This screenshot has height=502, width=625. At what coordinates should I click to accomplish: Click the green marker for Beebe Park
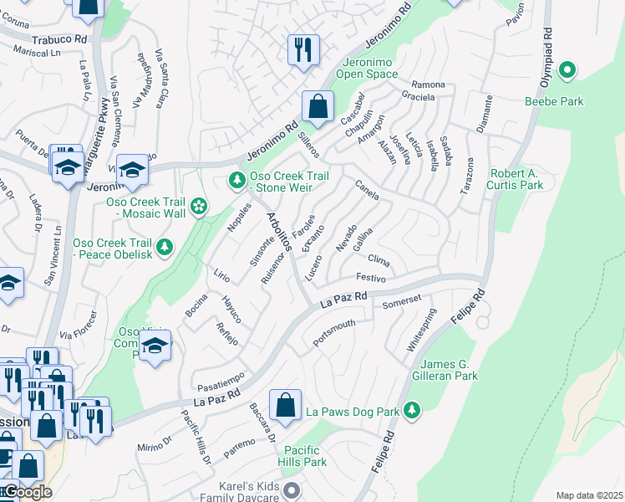(567, 71)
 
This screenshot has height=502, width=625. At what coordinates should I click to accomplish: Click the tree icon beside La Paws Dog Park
(410, 410)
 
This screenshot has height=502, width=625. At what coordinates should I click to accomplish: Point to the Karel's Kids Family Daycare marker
(291, 489)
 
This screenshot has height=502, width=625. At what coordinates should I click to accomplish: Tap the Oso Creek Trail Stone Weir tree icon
(237, 180)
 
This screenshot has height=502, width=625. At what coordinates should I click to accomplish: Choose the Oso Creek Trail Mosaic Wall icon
(198, 206)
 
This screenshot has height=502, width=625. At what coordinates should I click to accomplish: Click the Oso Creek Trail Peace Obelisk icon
(165, 246)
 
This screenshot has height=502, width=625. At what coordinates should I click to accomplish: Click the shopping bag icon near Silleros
(318, 106)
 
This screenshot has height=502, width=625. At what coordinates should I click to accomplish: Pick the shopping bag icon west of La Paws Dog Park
(285, 405)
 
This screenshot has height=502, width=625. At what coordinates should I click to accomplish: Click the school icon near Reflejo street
(155, 346)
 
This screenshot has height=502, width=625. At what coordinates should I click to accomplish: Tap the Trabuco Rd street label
(59, 39)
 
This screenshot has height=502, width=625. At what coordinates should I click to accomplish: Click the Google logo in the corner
(27, 492)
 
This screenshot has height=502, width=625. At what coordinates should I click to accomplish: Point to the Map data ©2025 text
(589, 495)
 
